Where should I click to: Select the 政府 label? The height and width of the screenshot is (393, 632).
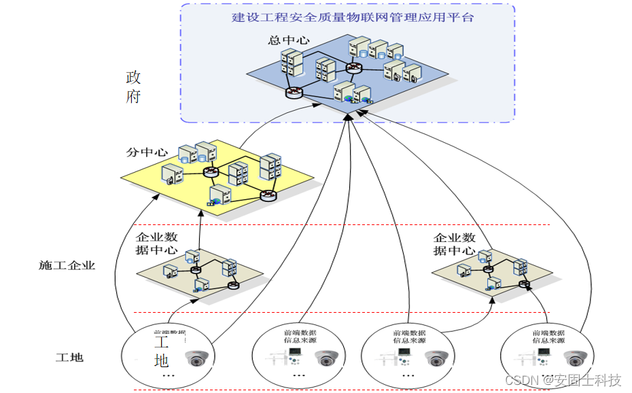click(133, 86)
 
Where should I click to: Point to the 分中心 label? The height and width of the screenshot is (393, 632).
click(147, 152)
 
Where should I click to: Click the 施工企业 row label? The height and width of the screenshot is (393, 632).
click(67, 265)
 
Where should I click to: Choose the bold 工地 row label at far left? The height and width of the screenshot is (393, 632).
click(69, 357)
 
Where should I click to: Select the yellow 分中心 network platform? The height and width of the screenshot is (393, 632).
click(217, 178)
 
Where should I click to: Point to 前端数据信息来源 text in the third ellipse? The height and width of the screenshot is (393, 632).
click(409, 337)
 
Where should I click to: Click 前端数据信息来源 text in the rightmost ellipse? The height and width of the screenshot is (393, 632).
click(548, 337)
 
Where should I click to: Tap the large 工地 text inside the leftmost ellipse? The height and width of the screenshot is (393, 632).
click(161, 351)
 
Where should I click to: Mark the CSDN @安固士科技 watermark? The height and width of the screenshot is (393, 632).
click(563, 380)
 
